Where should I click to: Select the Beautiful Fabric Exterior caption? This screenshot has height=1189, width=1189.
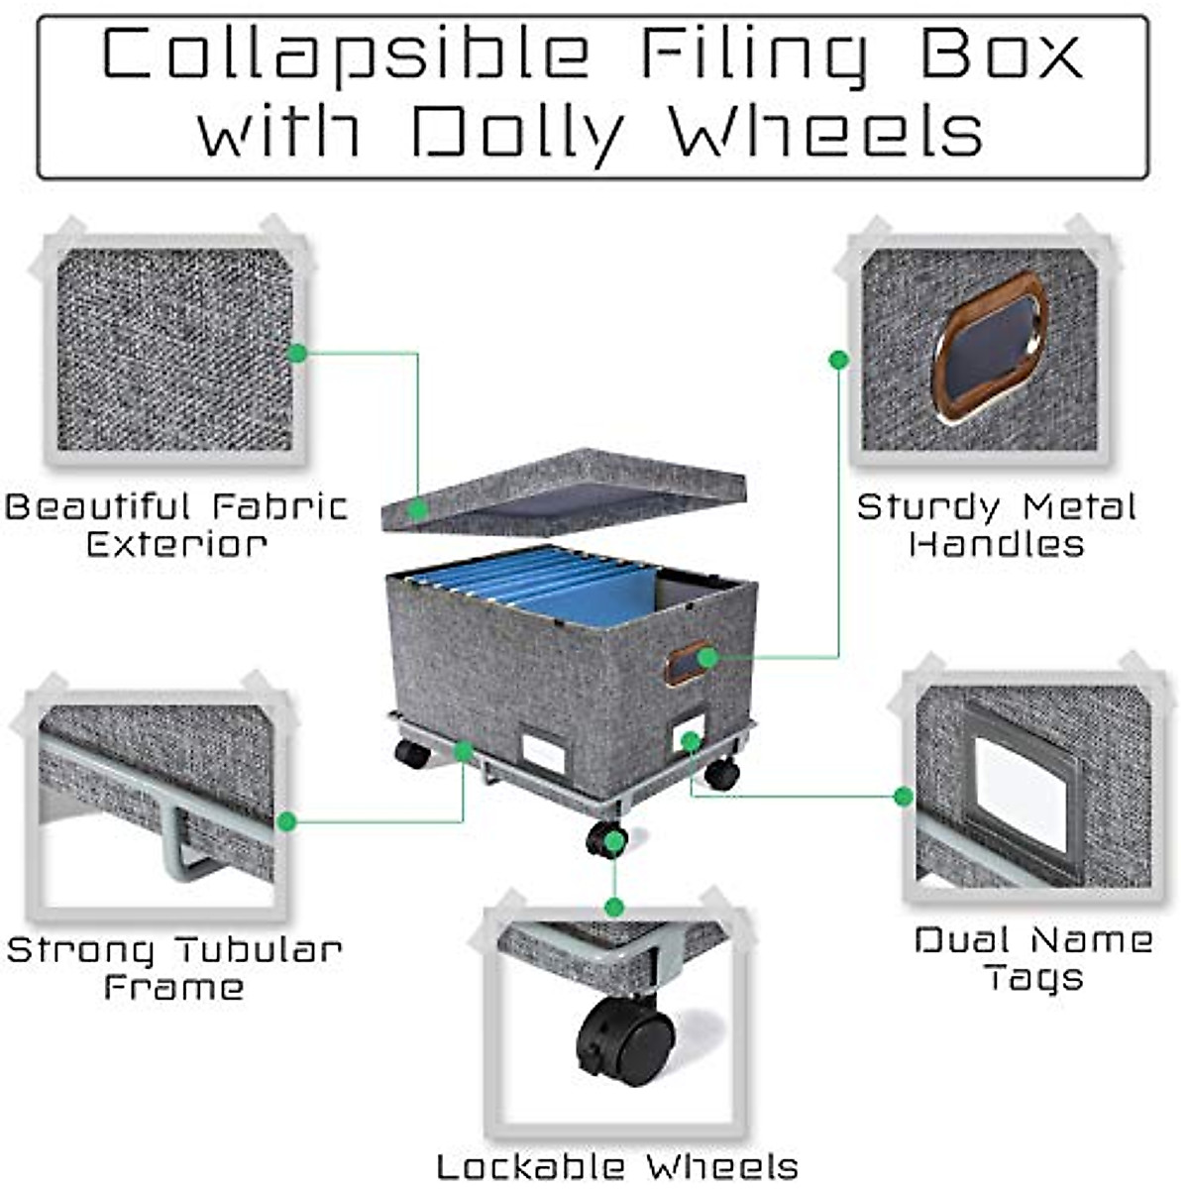click(x=176, y=525)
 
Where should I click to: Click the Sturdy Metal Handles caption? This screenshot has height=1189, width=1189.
click(x=996, y=525)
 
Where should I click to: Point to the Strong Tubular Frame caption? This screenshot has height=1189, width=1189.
click(x=174, y=968)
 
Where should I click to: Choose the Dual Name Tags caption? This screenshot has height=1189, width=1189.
click(x=1033, y=958)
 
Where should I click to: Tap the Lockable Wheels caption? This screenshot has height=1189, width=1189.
click(x=616, y=1166)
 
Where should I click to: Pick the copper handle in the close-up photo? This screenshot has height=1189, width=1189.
click(x=990, y=347)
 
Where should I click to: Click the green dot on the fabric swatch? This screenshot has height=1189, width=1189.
click(x=296, y=352)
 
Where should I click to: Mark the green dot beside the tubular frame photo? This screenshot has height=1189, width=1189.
click(x=286, y=821)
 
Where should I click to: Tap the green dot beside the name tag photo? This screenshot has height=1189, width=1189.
click(x=903, y=796)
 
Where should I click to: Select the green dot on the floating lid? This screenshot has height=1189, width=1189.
click(x=418, y=509)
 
